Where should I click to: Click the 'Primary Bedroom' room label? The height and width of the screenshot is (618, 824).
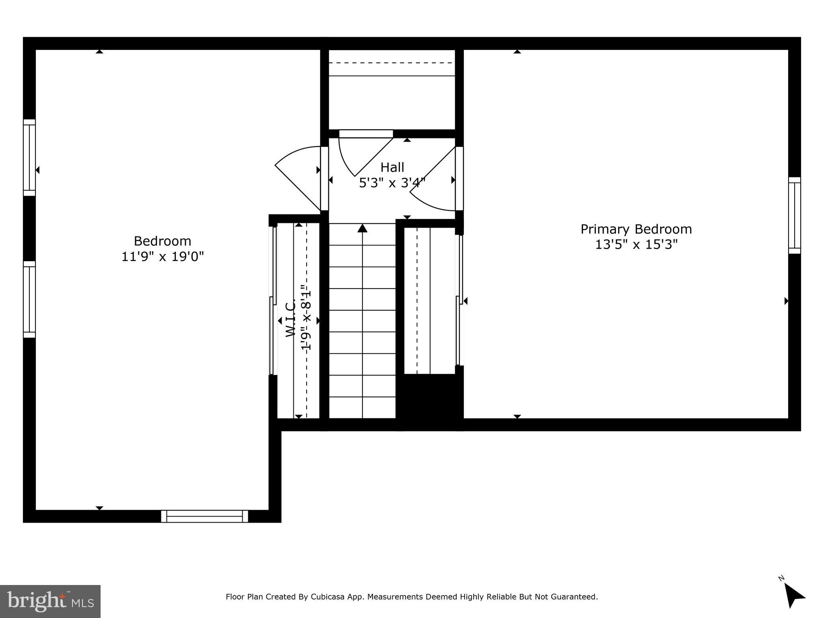(636, 229)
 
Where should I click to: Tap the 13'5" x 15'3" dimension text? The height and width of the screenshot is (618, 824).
(636, 245)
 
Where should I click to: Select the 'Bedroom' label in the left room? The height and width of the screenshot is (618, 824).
(162, 241)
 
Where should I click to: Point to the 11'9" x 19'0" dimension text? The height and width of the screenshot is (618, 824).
(163, 256)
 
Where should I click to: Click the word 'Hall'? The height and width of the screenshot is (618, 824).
(392, 167)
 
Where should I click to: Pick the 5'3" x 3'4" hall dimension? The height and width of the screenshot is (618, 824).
(392, 183)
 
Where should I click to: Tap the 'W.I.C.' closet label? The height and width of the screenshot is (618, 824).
(291, 318)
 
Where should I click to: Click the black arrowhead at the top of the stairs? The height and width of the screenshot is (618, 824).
(363, 228)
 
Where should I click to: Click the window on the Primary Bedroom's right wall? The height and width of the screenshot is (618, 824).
(794, 215)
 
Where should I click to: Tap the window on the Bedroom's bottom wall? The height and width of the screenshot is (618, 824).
(204, 516)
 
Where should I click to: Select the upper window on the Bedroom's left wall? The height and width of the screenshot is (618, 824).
(29, 157)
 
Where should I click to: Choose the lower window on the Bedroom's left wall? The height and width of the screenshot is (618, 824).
(29, 299)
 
